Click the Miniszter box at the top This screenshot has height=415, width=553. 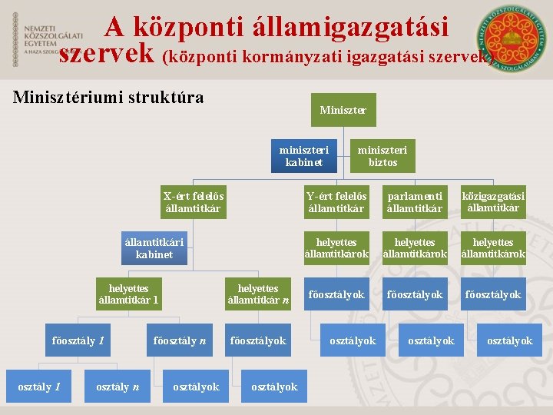click(x=343, y=111)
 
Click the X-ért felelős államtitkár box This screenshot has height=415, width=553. click(x=193, y=202)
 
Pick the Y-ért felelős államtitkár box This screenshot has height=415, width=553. click(x=336, y=202)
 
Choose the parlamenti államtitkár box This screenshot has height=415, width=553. click(x=415, y=202)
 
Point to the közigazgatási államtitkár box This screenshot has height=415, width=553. click(x=493, y=202)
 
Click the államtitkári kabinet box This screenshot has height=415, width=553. click(x=154, y=248)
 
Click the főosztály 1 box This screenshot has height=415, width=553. click(x=78, y=340)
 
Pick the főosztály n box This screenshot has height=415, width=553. click(x=180, y=340)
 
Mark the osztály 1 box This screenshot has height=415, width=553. click(x=39, y=387)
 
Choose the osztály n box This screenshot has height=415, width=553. click(x=118, y=387)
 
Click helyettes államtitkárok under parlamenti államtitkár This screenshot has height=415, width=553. click(x=415, y=248)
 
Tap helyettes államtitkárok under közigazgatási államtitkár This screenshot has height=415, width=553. click(x=493, y=248)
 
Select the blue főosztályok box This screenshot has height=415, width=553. click(x=258, y=340)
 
